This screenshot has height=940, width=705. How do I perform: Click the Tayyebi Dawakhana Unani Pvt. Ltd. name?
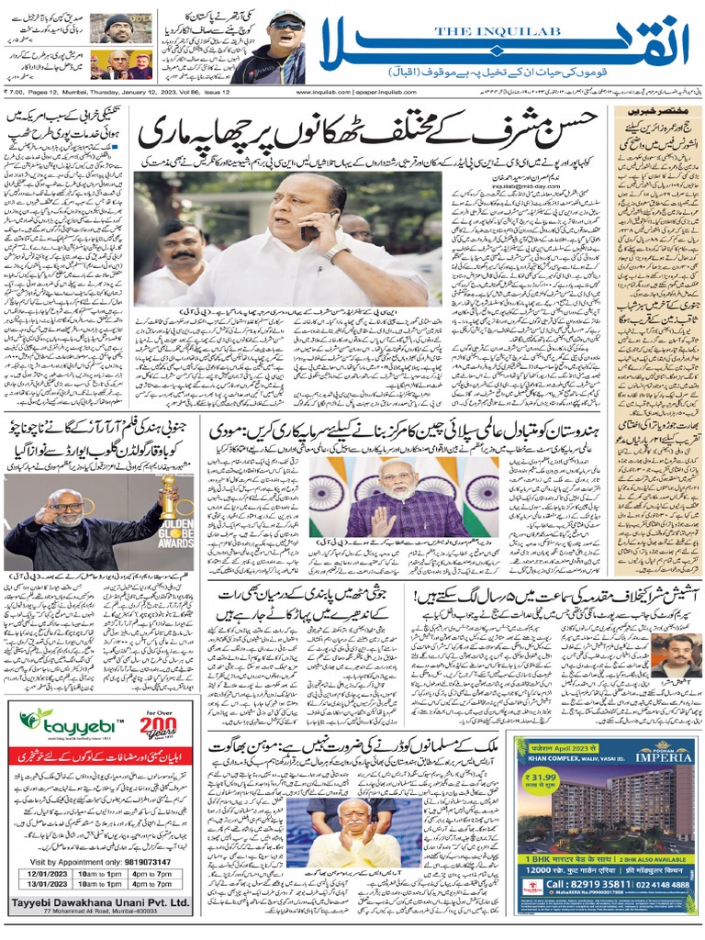(x=101, y=901)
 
